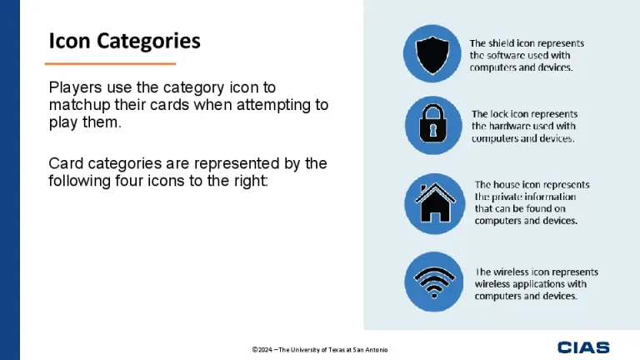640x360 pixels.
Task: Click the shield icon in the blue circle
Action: [x=432, y=53]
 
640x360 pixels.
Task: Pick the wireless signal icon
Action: [x=432, y=282]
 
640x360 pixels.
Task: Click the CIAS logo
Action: [x=583, y=347]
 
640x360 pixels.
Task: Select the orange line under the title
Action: [x=110, y=63]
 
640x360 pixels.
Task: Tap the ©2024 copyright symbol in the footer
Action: [x=255, y=349]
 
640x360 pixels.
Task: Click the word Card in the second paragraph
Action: [x=64, y=162]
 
